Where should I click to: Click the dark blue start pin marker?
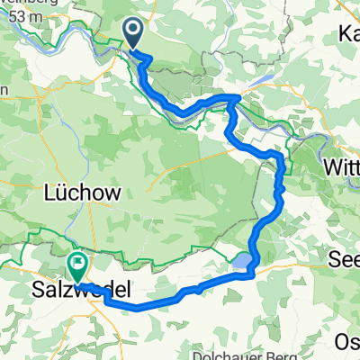tap(132, 33)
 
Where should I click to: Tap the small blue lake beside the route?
tap(242, 262)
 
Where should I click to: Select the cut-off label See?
tap(346, 257)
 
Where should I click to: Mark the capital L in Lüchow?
tap(49, 193)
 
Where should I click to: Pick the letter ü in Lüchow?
tap(60, 193)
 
